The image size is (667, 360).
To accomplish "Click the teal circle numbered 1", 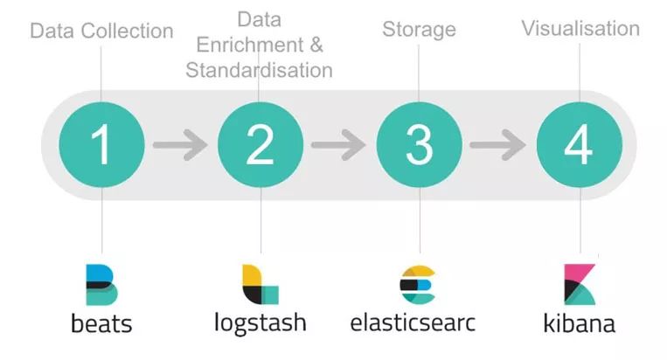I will click(101, 144).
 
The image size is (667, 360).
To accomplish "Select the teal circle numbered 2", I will click(261, 144).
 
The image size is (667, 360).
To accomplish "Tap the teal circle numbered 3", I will click(420, 144).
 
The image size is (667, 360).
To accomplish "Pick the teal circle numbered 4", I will click(579, 144).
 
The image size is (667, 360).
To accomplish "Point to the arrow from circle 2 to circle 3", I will click(339, 144).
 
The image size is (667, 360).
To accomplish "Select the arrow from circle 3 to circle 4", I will click(499, 144).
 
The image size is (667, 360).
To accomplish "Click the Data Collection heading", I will click(101, 31).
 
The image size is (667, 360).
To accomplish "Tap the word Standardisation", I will click(259, 70).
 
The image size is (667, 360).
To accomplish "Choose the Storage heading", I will click(419, 30).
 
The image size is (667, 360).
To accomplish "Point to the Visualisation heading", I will click(580, 28).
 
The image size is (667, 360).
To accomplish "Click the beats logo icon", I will click(101, 282).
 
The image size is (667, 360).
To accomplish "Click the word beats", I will click(101, 323).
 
